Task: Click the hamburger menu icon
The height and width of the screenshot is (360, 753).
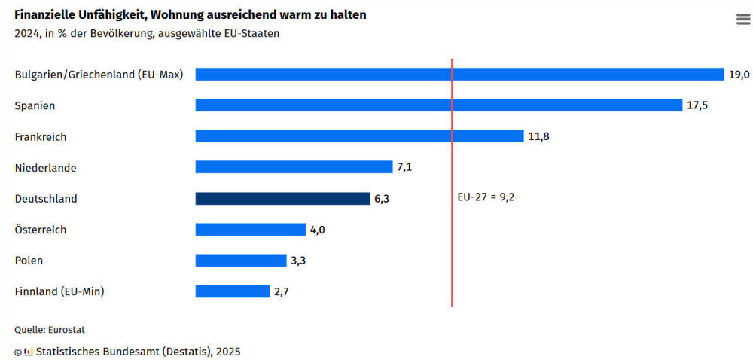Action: click(x=743, y=20)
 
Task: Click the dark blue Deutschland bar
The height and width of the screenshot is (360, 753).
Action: click(x=282, y=199)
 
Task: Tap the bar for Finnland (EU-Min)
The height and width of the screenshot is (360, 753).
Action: click(x=232, y=291)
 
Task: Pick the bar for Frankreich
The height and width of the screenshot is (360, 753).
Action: click(x=359, y=136)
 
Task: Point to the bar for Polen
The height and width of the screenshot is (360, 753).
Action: click(x=240, y=261)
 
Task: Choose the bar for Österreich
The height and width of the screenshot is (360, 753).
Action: click(x=250, y=230)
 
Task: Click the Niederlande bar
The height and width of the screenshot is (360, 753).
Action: click(x=294, y=167)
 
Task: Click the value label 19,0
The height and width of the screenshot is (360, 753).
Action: click(x=739, y=74)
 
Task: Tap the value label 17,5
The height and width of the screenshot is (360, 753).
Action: click(x=697, y=105)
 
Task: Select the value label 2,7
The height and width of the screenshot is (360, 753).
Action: click(x=281, y=291)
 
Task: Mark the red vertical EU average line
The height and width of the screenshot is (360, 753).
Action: click(x=452, y=249)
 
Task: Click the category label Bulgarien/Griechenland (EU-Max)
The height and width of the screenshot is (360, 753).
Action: click(x=99, y=75)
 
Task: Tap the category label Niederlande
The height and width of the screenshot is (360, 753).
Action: click(x=45, y=168)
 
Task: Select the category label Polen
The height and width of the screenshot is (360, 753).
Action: click(x=29, y=261)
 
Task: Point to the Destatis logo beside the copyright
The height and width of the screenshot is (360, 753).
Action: click(x=29, y=352)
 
